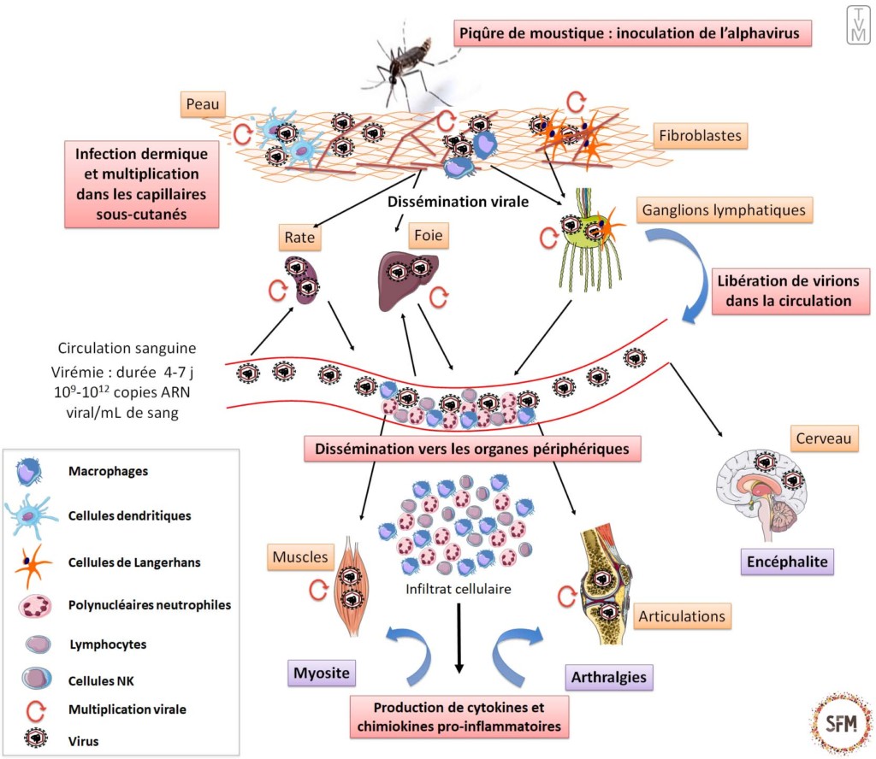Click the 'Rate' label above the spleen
[298, 237]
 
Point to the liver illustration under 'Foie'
[408, 277]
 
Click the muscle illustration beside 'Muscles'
[352, 585]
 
